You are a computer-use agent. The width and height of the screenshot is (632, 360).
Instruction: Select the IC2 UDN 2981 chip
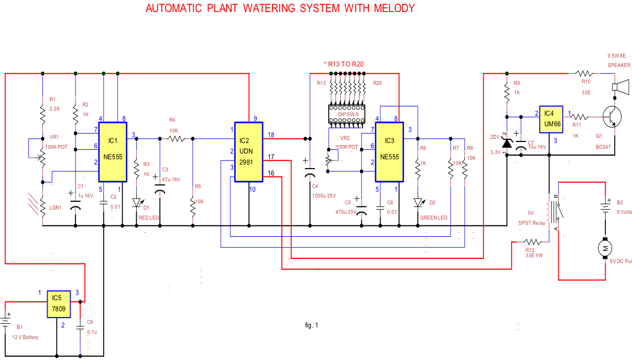pyautogui.click(x=248, y=152)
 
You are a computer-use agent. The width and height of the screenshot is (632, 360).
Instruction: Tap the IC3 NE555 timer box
pyautogui.click(x=389, y=152)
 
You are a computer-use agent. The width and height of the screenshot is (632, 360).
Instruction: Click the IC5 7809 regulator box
pyautogui.click(x=59, y=303)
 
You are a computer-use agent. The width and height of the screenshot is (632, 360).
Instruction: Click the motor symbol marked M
pyautogui.click(x=605, y=248)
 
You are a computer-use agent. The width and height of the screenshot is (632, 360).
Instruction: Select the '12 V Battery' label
pyautogui.click(x=25, y=337)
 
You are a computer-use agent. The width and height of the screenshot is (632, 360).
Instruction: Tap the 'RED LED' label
pyautogui.click(x=148, y=217)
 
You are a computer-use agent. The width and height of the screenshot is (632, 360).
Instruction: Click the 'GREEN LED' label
pyautogui.click(x=434, y=217)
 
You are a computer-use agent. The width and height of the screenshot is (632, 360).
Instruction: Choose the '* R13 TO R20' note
pyautogui.click(x=344, y=64)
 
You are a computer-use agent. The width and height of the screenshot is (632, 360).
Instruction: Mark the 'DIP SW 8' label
pyautogui.click(x=348, y=114)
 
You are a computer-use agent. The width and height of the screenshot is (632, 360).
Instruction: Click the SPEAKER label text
pyautogui.click(x=619, y=66)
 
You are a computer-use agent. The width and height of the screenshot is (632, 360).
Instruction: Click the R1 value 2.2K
pyautogui.click(x=56, y=108)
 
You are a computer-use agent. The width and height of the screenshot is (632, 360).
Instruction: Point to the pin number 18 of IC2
pyautogui.click(x=271, y=135)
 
